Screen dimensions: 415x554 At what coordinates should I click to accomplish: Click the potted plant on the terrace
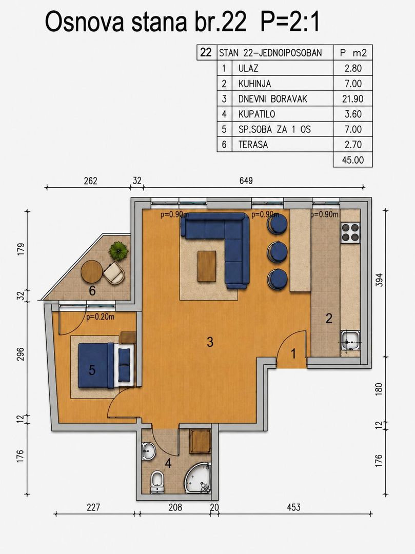pyautogui.click(x=118, y=251)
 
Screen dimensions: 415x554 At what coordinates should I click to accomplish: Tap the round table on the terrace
pyautogui.click(x=92, y=272)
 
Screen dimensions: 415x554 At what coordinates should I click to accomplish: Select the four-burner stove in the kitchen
pyautogui.click(x=350, y=232)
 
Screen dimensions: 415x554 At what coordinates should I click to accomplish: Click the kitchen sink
pyautogui.click(x=350, y=341)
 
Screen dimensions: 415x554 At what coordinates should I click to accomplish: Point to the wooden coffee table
pyautogui.click(x=207, y=266)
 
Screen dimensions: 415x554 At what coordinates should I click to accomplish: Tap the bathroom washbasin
pyautogui.click(x=149, y=451)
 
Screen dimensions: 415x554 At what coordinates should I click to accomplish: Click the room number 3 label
pyautogui.click(x=210, y=342)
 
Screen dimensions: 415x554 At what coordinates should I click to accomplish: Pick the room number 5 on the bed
pyautogui.click(x=92, y=370)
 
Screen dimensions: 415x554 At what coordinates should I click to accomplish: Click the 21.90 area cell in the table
pyautogui.click(x=352, y=99)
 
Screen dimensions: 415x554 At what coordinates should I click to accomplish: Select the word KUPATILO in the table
pyautogui.click(x=257, y=114)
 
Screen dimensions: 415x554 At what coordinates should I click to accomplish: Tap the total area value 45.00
pyautogui.click(x=353, y=160)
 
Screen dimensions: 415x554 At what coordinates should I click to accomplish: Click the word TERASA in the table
pyautogui.click(x=253, y=145)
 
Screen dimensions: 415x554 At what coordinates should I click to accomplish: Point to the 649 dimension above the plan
pyautogui.click(x=246, y=181)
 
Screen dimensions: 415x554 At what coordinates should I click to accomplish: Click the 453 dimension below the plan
pyautogui.click(x=293, y=507)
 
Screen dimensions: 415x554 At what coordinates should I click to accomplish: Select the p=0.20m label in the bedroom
pyautogui.click(x=101, y=317)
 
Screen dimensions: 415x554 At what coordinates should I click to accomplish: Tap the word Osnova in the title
pyautogui.click(x=85, y=22)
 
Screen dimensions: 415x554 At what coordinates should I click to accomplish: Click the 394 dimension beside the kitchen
pyautogui.click(x=379, y=280)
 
